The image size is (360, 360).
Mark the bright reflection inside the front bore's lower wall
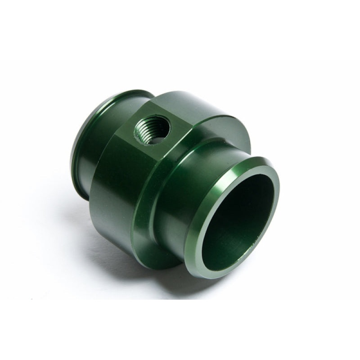point(243,252)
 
